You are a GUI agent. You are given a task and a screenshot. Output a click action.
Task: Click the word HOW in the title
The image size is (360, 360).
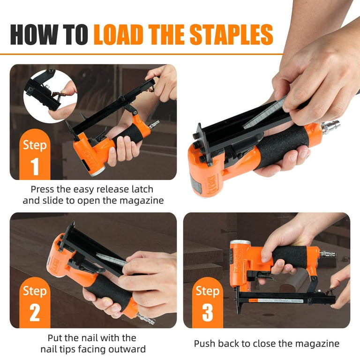click(34, 34)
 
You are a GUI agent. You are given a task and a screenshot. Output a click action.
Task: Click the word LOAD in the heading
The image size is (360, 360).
click(118, 34)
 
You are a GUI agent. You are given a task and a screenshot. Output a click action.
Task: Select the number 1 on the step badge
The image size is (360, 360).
click(35, 166)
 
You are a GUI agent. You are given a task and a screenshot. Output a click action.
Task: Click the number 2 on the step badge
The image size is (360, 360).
click(35, 313)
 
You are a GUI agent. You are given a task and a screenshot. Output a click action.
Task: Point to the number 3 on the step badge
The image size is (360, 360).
click(208, 313)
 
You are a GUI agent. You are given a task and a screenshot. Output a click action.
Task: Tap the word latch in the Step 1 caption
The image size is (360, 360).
click(142, 189)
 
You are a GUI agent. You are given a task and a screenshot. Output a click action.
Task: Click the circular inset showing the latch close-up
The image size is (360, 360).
click(50, 96)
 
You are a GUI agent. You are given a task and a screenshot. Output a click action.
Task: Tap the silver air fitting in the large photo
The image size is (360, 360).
click(330, 128)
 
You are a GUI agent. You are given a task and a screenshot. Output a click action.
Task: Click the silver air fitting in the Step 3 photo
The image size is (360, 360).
click(328, 254)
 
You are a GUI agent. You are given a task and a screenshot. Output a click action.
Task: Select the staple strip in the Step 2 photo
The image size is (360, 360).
click(111, 260)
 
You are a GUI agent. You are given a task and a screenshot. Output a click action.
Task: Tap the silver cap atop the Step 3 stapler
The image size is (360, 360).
click(240, 242)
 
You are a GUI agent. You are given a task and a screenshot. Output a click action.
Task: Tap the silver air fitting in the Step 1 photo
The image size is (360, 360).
click(154, 124)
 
